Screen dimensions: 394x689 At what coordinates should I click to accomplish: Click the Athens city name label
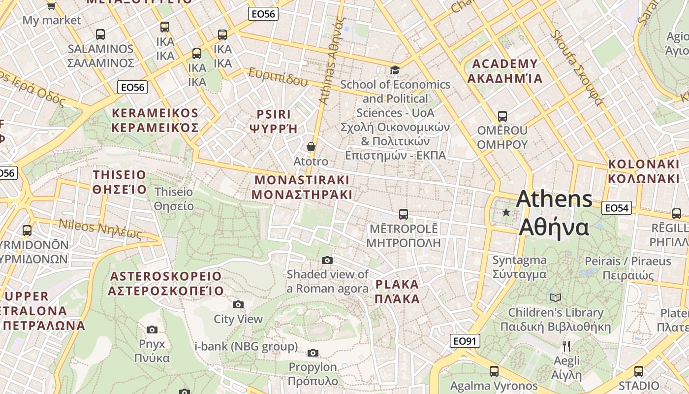(554, 213)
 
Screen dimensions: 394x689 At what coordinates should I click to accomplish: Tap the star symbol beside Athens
(506, 212)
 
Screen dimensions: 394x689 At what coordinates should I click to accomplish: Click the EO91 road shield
(465, 341)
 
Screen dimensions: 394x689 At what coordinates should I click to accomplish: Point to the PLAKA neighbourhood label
(397, 291)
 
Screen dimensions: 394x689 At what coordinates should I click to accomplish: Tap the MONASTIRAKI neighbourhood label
(302, 187)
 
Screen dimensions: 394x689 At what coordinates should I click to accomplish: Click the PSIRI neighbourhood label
(274, 121)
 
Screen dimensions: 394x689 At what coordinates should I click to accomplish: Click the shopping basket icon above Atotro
(311, 147)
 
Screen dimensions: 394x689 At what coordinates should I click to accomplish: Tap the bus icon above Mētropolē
(404, 214)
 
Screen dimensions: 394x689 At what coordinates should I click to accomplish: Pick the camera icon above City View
(238, 304)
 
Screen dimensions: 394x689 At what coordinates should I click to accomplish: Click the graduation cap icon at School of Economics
(395, 70)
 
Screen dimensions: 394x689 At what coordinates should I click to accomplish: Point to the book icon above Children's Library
(556, 297)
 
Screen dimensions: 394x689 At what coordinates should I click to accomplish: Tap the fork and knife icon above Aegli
(566, 346)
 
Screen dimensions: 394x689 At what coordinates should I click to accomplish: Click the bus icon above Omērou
(502, 116)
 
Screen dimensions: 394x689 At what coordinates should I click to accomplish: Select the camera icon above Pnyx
(152, 329)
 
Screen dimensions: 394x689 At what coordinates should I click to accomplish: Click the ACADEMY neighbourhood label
(505, 71)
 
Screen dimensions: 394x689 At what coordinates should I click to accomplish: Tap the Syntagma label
(520, 267)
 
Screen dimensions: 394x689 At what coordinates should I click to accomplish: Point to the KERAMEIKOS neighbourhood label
(155, 121)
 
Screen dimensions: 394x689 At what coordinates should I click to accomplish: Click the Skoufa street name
(576, 67)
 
